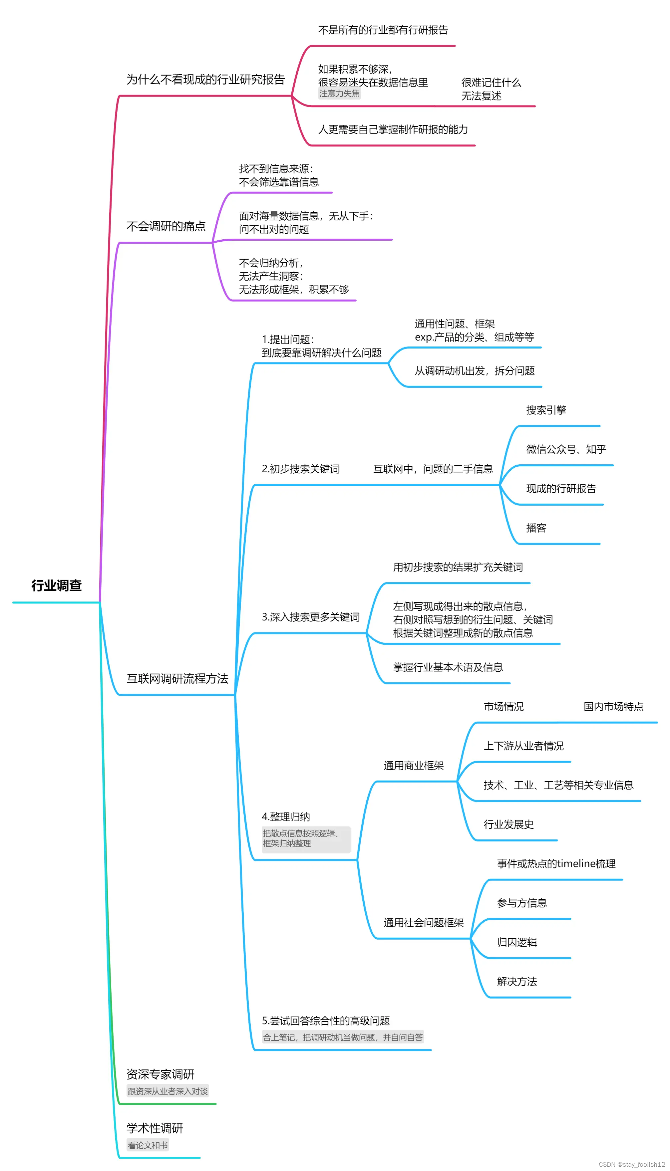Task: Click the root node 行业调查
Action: [56, 585]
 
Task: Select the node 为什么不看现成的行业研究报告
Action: [206, 80]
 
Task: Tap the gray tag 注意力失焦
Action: [340, 94]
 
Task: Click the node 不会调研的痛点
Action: [166, 226]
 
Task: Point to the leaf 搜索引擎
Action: [546, 410]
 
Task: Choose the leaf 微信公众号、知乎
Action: [566, 449]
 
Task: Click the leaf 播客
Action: [536, 528]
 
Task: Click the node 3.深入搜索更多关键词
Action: [311, 617]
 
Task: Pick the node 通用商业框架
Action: [414, 766]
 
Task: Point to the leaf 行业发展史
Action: [508, 825]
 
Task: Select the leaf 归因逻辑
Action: [517, 942]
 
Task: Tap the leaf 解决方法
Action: [517, 982]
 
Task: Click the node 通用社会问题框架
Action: [423, 923]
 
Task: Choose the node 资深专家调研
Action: [161, 1074]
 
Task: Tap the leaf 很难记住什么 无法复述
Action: [491, 89]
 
